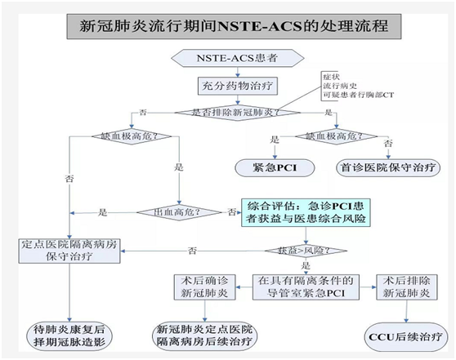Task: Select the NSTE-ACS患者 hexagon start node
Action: pos(228,59)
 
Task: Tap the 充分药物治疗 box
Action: pos(228,84)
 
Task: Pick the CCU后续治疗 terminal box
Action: pos(405,334)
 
